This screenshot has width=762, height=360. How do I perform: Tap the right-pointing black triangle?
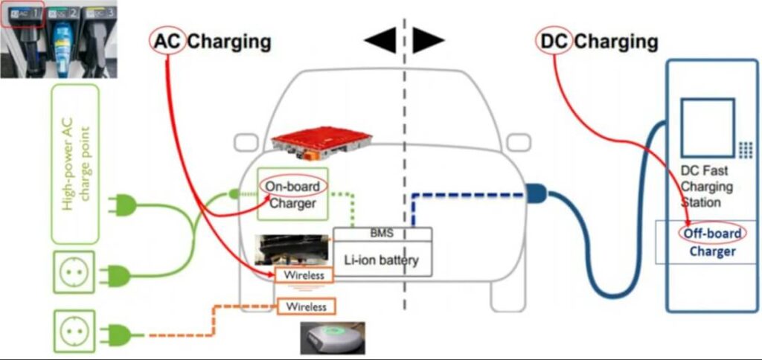pos(428,42)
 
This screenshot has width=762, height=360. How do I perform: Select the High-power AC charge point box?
pos(75,163)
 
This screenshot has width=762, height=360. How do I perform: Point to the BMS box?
pos(382,234)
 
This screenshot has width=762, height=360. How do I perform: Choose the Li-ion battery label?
pos(382,260)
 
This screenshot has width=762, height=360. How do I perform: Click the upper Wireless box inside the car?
pos(304,275)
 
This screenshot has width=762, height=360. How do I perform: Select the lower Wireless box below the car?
pos(307,306)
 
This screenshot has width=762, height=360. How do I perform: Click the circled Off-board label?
pos(712,234)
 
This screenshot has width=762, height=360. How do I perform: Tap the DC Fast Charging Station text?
pos(707,186)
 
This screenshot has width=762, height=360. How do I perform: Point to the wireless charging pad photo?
pos(333,337)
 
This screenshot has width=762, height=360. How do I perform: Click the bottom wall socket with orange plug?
pos(74,331)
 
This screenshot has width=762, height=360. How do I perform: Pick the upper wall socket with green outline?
pos(74,272)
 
